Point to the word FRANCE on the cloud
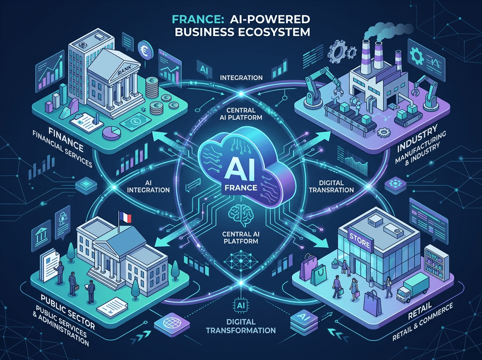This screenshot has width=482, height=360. [x=241, y=188]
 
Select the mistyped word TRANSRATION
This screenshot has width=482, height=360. [x=331, y=190]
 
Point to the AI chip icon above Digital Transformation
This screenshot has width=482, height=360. [x=241, y=305]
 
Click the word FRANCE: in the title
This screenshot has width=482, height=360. [x=195, y=20]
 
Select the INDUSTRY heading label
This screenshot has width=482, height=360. [x=417, y=138]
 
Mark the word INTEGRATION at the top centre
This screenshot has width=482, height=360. [x=241, y=78]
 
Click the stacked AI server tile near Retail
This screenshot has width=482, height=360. [x=304, y=321]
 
